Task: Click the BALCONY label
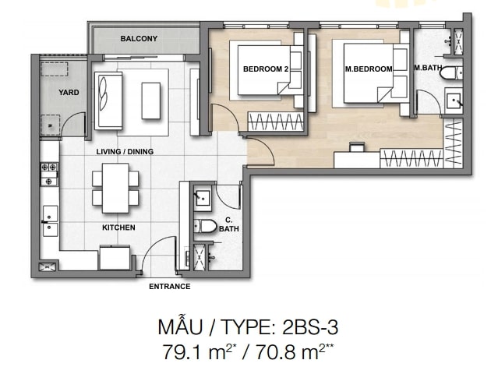click(139, 39)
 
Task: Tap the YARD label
click(69, 93)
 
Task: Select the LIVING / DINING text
click(125, 152)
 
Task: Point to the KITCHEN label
click(118, 228)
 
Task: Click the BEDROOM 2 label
click(266, 69)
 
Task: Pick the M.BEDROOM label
click(369, 69)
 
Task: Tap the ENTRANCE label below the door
click(170, 287)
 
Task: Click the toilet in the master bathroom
click(451, 73)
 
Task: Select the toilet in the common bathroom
click(205, 226)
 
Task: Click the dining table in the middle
click(115, 188)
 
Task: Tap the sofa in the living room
click(108, 101)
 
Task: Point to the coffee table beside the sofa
click(151, 101)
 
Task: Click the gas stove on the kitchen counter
click(49, 174)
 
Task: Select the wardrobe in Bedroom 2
click(275, 122)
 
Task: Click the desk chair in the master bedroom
click(356, 147)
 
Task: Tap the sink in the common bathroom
click(203, 198)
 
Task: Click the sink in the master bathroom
click(454, 101)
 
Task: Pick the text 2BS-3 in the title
click(309, 327)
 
